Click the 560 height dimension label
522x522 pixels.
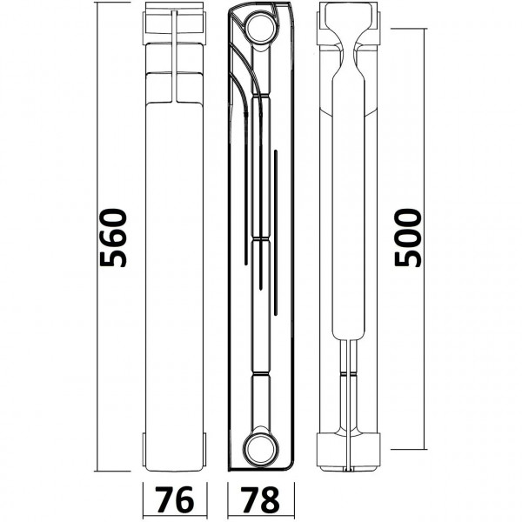click(x=113, y=238)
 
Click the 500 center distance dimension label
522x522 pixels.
click(x=408, y=238)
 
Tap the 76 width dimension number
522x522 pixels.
click(x=175, y=499)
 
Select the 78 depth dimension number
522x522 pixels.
click(x=260, y=499)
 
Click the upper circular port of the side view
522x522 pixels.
click(x=261, y=28)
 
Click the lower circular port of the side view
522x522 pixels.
click(x=261, y=448)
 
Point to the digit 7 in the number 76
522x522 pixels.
click(x=164, y=499)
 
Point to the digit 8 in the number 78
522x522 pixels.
click(x=270, y=499)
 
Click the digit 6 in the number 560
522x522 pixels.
click(x=113, y=238)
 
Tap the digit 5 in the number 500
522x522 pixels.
click(x=408, y=258)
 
